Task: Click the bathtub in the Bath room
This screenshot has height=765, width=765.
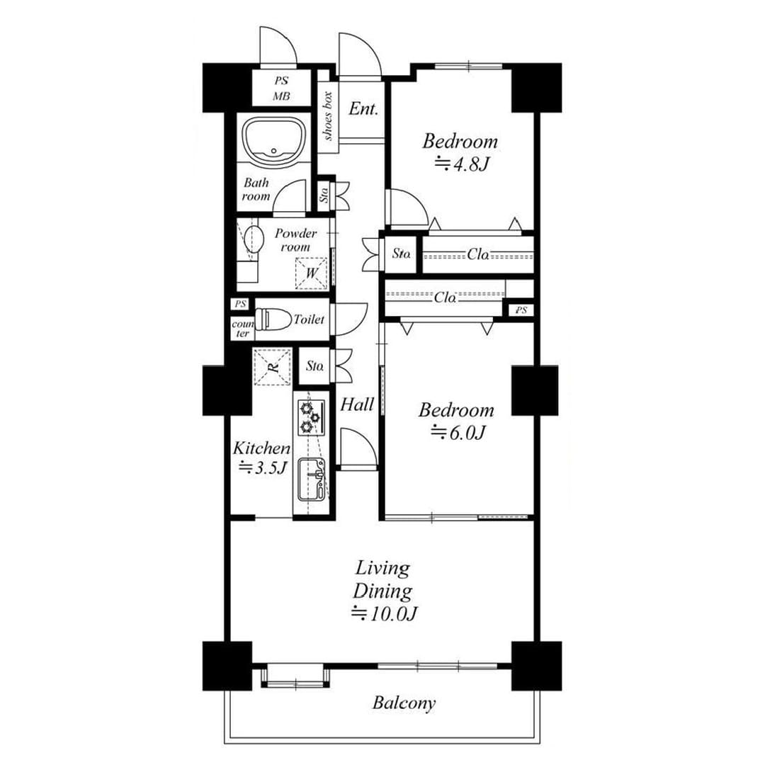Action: click(273, 139)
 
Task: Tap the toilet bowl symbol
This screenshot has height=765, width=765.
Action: click(272, 319)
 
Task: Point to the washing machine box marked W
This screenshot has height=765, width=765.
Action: click(311, 273)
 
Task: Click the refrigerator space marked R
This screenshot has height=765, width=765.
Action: click(272, 367)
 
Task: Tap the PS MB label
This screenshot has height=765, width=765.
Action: click(281, 89)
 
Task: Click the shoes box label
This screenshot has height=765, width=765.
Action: click(327, 116)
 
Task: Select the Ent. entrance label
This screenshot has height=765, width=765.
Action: click(363, 109)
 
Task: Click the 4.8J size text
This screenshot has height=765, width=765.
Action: click(462, 164)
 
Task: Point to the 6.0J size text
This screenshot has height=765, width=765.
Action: click(458, 433)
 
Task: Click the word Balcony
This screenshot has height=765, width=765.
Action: click(404, 703)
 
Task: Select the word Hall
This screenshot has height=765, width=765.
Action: click(357, 404)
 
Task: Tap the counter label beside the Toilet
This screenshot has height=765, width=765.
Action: click(242, 329)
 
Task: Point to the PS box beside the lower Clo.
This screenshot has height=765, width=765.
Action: click(521, 310)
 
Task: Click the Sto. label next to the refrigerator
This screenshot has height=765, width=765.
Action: click(315, 366)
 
